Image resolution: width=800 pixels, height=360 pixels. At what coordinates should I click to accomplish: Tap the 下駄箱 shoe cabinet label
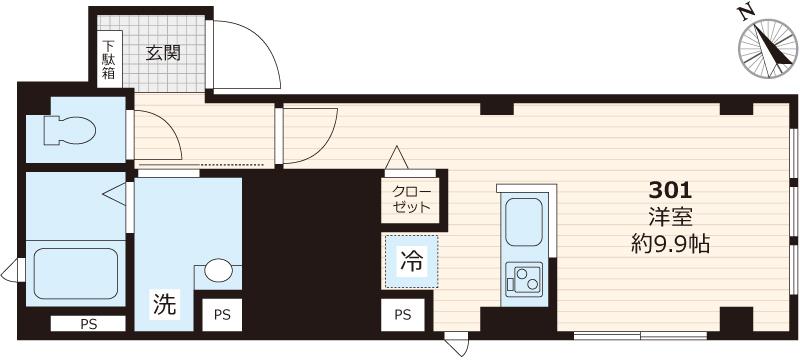pyautogui.click(x=108, y=59)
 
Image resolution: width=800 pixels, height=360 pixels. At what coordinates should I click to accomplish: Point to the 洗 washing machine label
pyautogui.click(x=164, y=303)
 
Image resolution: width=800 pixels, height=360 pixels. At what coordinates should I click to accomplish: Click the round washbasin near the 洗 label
pyautogui.click(x=219, y=271)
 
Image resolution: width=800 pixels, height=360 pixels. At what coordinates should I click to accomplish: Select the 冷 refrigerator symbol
pyautogui.click(x=411, y=263)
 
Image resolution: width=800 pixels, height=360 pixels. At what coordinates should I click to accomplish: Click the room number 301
pyautogui.click(x=671, y=189)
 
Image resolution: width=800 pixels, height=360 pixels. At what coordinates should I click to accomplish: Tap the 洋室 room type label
pyautogui.click(x=671, y=216)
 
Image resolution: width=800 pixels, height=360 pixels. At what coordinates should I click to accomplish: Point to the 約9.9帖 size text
pyautogui.click(x=671, y=243)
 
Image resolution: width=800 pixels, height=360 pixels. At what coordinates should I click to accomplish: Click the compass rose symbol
pyautogui.click(x=764, y=49)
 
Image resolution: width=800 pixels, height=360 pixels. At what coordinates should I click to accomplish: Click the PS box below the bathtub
pyautogui.click(x=89, y=322)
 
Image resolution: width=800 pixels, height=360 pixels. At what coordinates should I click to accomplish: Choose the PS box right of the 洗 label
pyautogui.click(x=222, y=314)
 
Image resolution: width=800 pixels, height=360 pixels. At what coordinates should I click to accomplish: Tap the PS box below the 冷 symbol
pyautogui.click(x=403, y=314)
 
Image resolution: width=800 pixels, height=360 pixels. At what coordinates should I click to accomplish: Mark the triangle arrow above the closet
pyautogui.click(x=397, y=158)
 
